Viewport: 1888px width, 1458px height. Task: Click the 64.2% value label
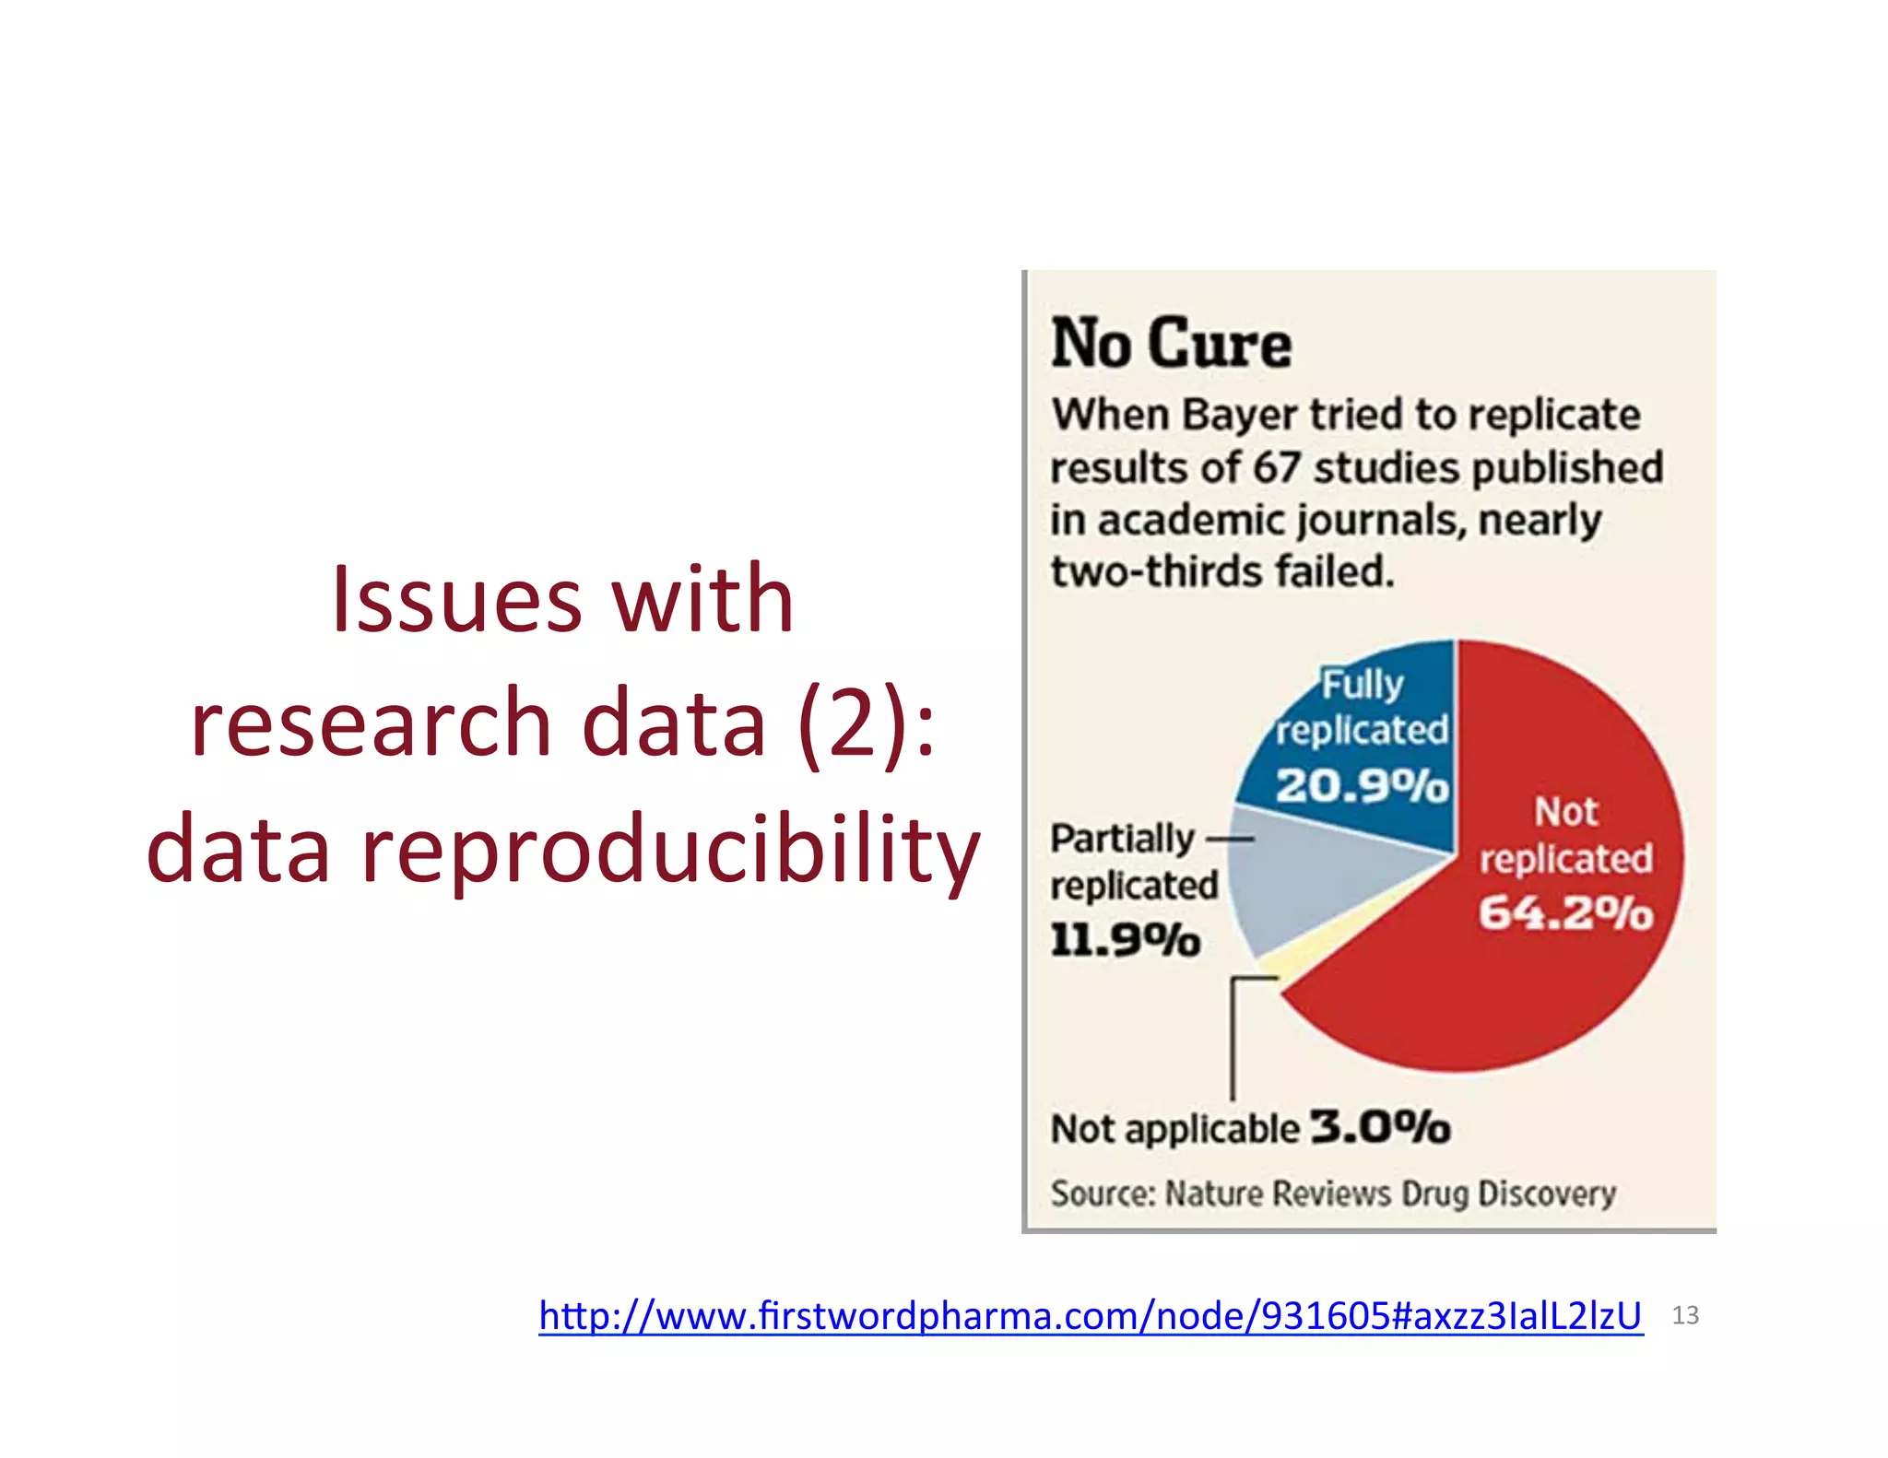(1565, 913)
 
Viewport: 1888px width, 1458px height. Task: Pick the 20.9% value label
(1362, 786)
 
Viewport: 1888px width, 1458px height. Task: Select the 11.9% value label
(1125, 940)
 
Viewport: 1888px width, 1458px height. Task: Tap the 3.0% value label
(1380, 1127)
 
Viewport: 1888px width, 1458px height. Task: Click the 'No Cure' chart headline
(1171, 344)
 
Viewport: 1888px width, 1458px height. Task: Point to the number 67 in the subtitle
(1276, 467)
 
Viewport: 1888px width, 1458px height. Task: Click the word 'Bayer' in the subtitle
(1239, 416)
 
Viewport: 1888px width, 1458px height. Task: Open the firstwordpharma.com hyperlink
(1090, 1315)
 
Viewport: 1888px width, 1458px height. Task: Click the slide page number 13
(1685, 1315)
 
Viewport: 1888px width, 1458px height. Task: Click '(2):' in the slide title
(867, 724)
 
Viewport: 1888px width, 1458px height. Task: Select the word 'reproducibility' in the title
(670, 849)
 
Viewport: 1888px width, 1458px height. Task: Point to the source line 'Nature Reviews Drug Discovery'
(1390, 1193)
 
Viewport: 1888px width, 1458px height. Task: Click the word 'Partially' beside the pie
(1122, 839)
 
